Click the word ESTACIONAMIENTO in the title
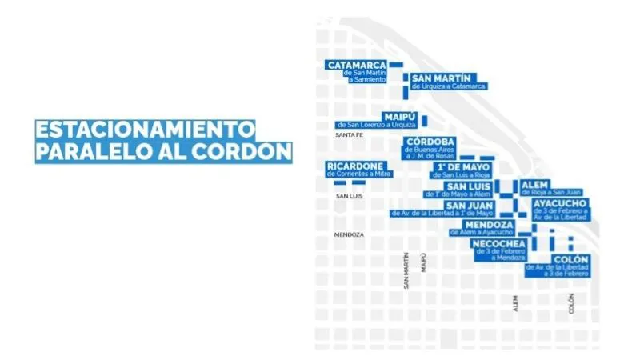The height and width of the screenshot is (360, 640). (x=145, y=130)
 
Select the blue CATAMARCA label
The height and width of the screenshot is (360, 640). (x=356, y=64)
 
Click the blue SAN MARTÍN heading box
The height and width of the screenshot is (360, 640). (x=441, y=77)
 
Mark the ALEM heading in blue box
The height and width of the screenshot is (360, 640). (x=535, y=185)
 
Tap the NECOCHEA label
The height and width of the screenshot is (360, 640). (x=498, y=243)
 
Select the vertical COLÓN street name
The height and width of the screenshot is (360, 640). (x=572, y=303)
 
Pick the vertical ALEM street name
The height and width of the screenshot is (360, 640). (x=516, y=302)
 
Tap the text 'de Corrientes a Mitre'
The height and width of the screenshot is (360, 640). (x=358, y=174)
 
